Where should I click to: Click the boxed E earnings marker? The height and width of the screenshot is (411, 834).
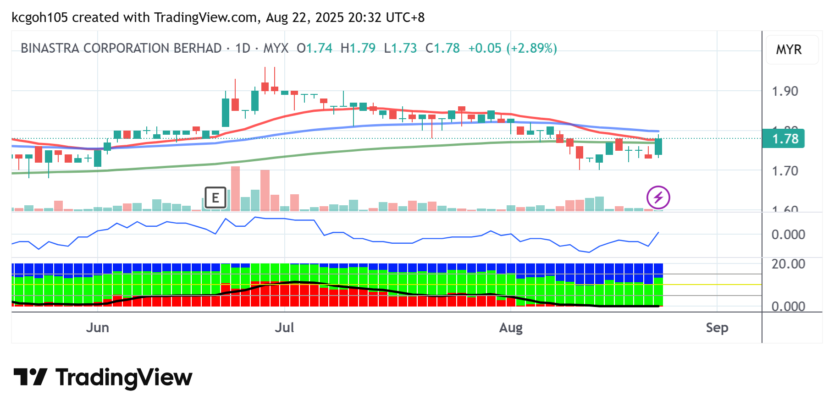pyautogui.click(x=215, y=198)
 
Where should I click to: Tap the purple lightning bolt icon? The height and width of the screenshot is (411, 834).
pyautogui.click(x=658, y=197)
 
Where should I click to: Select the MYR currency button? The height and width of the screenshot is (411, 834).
pyautogui.click(x=789, y=49)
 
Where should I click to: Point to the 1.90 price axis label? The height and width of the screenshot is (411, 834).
pyautogui.click(x=785, y=91)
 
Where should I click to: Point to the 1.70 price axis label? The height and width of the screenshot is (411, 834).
pyautogui.click(x=785, y=171)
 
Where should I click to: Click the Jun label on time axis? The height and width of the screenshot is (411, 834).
pyautogui.click(x=98, y=328)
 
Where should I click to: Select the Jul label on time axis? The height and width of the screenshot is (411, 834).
pyautogui.click(x=284, y=328)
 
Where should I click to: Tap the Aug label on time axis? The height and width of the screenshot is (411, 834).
pyautogui.click(x=511, y=328)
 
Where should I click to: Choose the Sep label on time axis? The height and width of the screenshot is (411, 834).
pyautogui.click(x=717, y=328)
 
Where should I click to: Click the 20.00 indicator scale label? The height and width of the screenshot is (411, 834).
pyautogui.click(x=788, y=264)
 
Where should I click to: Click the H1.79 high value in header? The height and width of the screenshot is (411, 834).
pyautogui.click(x=358, y=48)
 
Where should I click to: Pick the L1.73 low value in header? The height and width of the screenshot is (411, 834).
pyautogui.click(x=400, y=48)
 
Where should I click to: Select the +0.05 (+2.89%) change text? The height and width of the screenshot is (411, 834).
pyautogui.click(x=512, y=48)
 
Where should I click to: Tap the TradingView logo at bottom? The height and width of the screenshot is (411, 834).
pyautogui.click(x=103, y=377)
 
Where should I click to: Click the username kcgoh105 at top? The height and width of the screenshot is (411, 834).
pyautogui.click(x=39, y=17)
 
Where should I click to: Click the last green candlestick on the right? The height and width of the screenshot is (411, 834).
pyautogui.click(x=658, y=147)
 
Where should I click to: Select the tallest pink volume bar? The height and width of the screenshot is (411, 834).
pyautogui.click(x=235, y=188)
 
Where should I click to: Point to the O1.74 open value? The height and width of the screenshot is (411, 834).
pyautogui.click(x=315, y=48)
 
